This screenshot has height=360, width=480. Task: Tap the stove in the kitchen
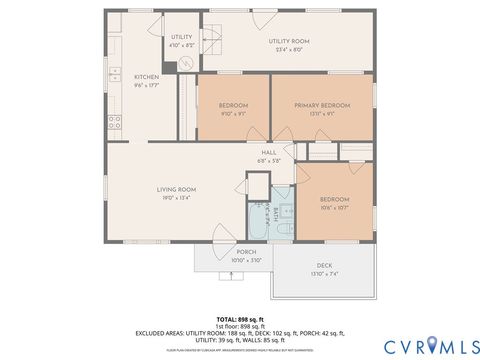tap(114, 123)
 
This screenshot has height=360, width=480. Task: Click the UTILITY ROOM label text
tap(289, 41)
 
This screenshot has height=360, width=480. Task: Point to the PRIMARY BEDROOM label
tap(322, 105)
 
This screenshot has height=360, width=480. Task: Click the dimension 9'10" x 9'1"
tap(232, 113)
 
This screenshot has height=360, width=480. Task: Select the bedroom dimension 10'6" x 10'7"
tap(334, 208)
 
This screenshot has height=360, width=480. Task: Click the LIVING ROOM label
tap(175, 189)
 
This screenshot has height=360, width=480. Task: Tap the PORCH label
tap(245, 252)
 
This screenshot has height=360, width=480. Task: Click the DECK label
tap(325, 266)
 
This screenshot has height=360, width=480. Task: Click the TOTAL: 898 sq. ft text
tap(239, 318)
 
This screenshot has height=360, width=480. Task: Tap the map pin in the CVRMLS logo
tap(434, 345)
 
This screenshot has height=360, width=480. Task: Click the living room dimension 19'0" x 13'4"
tap(175, 197)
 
